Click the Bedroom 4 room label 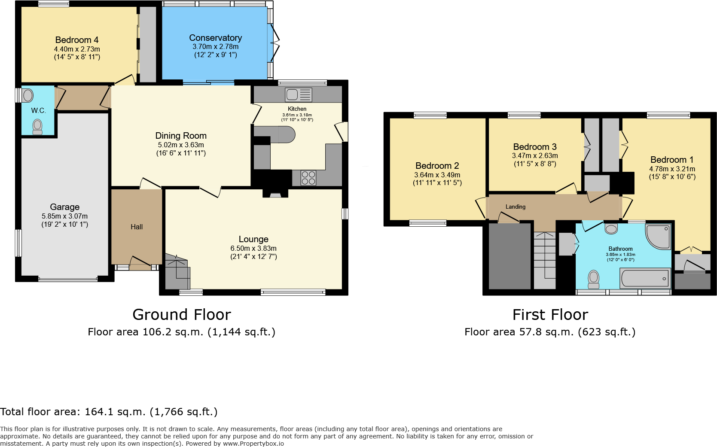coord(77,40)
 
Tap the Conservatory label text coord(215,38)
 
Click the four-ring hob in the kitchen coord(308,178)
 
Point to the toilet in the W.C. coord(38,126)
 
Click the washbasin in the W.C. coord(27,95)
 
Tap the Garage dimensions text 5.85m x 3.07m coord(64,216)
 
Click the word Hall coord(137,227)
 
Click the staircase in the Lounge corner coord(177,272)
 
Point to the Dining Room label coord(181,136)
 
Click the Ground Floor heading coord(182,315)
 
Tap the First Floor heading coord(550,315)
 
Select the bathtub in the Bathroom coord(645,279)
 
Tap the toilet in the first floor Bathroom coord(594,279)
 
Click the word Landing coord(515,207)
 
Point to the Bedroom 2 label coord(437,166)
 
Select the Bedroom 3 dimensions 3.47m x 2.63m coord(535,156)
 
